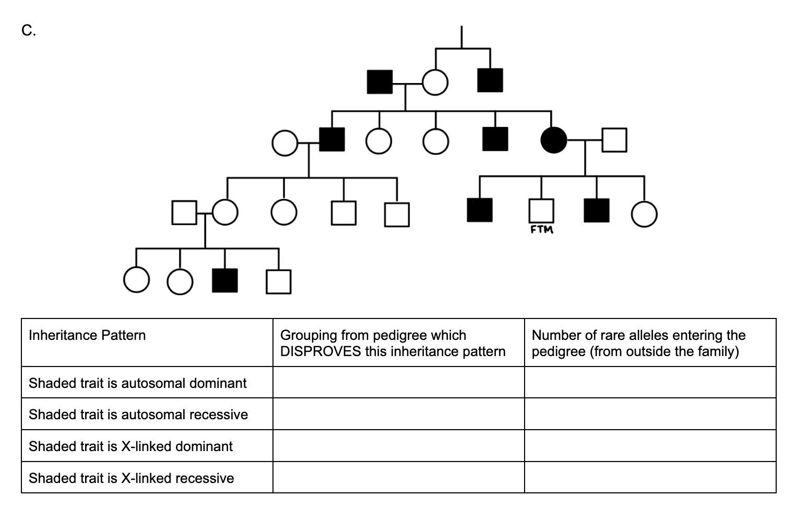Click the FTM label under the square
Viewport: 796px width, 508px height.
[x=542, y=230]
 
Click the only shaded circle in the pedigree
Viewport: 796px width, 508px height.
[x=553, y=140]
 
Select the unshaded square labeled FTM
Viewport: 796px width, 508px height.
[x=541, y=211]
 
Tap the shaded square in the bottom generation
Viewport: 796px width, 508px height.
[x=224, y=281]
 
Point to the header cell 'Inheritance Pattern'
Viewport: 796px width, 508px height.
[x=87, y=335]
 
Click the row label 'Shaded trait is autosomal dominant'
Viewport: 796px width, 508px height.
[x=137, y=383]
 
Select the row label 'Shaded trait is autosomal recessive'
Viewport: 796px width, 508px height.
[x=138, y=415]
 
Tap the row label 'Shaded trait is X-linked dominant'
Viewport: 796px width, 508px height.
[x=130, y=446]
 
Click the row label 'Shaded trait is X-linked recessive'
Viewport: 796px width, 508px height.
[x=131, y=478]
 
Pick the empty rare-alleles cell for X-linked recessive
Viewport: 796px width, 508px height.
[x=650, y=477]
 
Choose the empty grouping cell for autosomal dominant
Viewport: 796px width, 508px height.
[x=398, y=383]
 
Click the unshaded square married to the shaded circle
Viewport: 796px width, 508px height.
[x=614, y=140]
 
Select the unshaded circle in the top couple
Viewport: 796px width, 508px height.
[x=435, y=82]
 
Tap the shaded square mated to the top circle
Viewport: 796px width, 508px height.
[x=379, y=82]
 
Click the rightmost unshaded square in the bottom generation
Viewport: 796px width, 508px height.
[x=278, y=281]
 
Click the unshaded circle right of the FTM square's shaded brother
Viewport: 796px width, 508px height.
[x=644, y=215]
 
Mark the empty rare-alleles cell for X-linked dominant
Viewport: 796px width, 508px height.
[x=650, y=446]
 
